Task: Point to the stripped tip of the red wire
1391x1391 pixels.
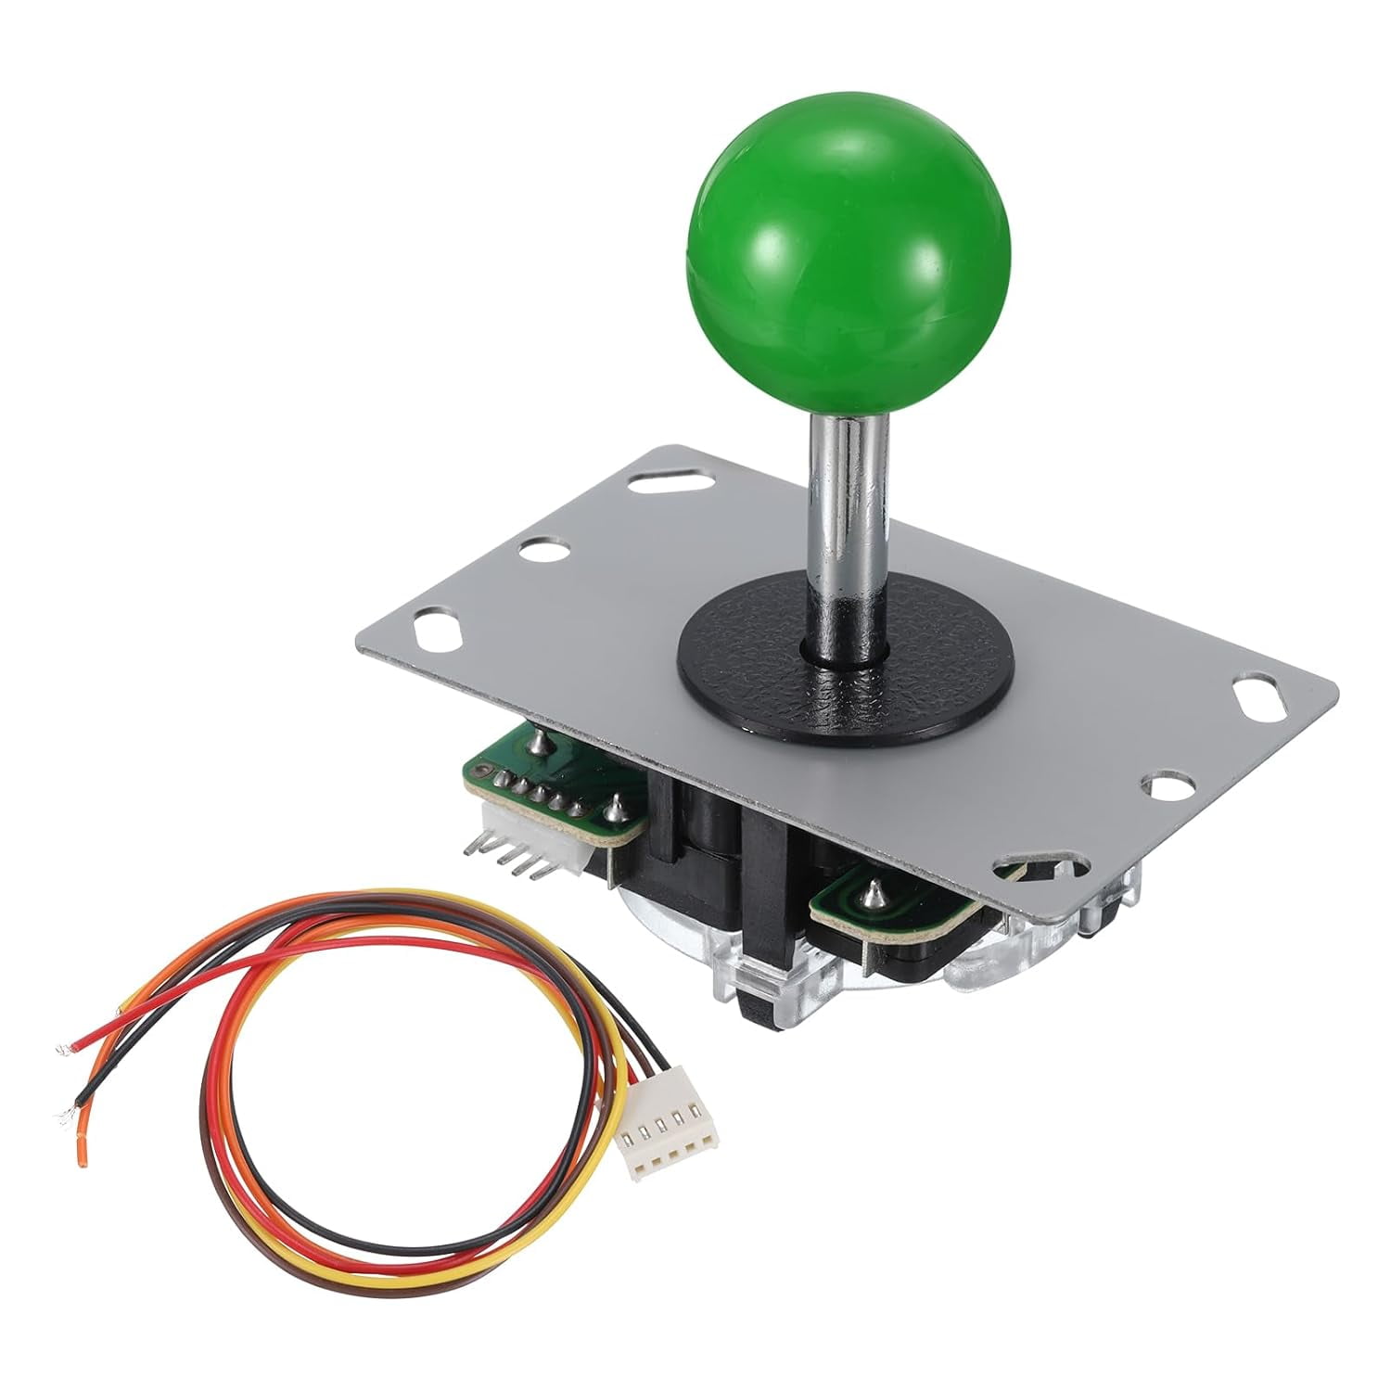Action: point(64,1051)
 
